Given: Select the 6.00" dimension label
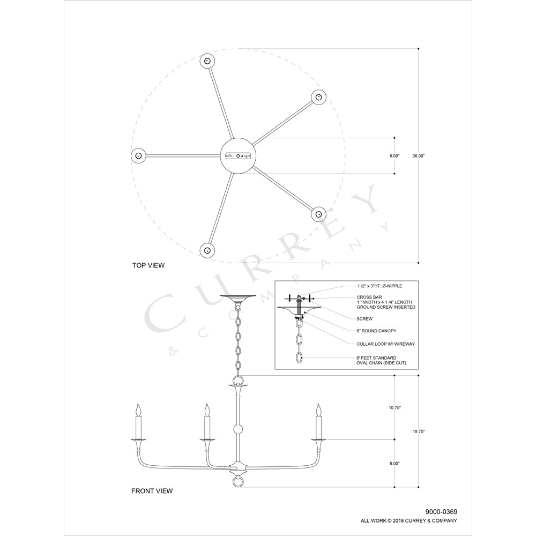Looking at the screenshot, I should pos(394,156).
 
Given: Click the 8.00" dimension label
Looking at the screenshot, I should pos(394,463).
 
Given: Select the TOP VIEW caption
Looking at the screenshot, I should pos(148,265).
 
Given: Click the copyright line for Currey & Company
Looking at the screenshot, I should pos(408,520).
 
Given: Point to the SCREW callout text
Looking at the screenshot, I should pos(364,318).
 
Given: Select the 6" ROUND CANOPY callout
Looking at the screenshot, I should pos(377,331).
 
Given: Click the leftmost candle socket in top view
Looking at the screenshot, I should pos(138,155).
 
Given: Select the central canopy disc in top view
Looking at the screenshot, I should pos(237,155).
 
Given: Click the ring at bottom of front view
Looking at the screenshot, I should pos(237,482).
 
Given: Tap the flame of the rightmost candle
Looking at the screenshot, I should pos(319,410).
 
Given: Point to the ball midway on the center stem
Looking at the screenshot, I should pos(237,429).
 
